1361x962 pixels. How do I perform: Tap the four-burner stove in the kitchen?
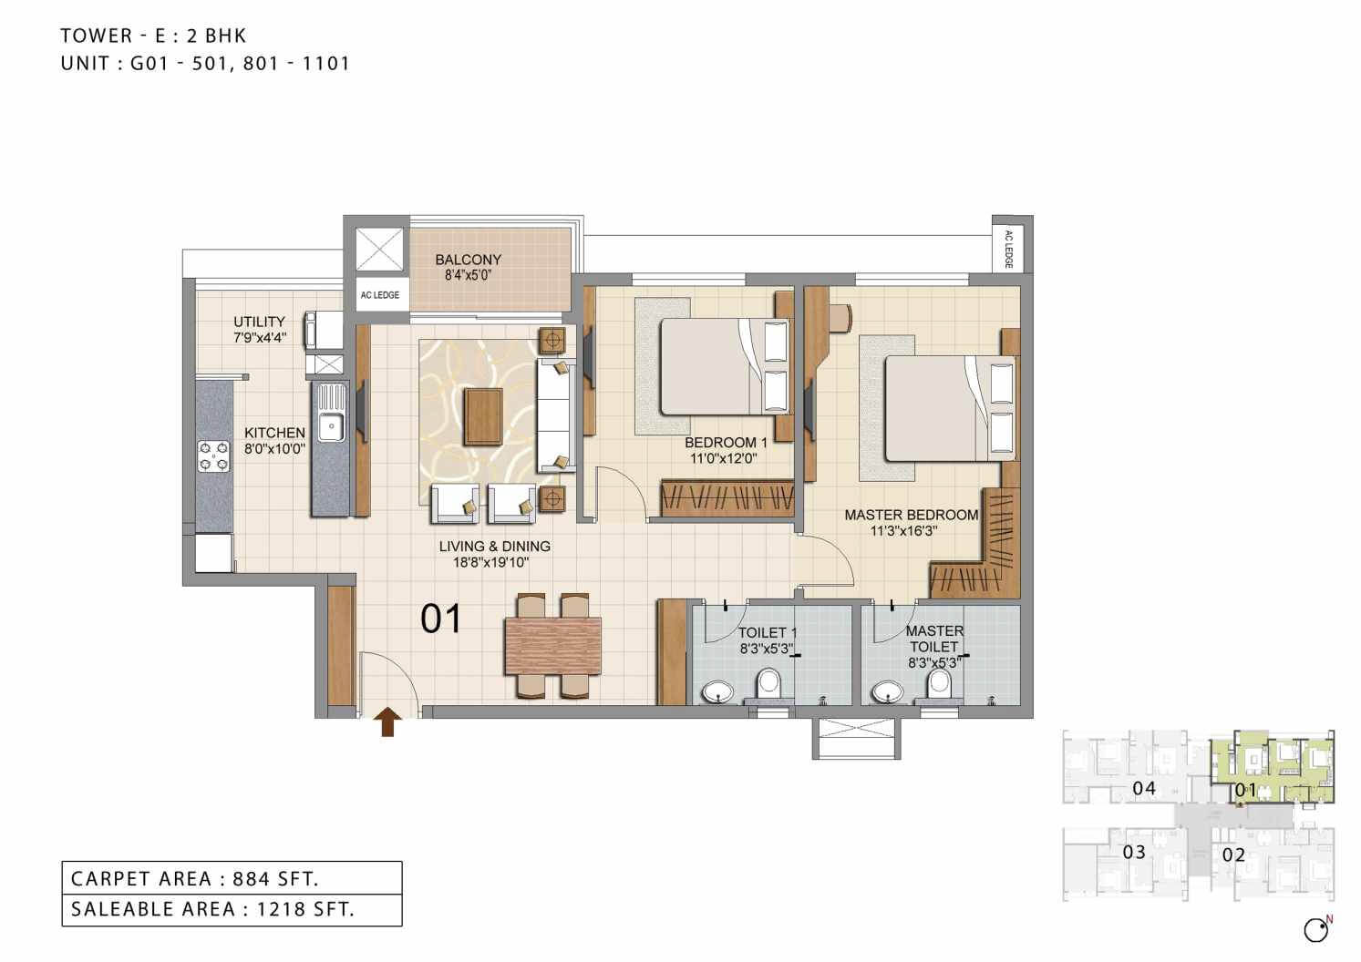214,455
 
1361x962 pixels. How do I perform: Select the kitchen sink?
329,425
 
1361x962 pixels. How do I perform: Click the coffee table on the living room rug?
483,416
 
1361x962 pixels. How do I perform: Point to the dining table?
553,646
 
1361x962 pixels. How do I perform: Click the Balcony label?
468,260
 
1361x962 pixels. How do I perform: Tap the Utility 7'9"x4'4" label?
259,329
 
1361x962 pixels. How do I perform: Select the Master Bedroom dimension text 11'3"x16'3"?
904,530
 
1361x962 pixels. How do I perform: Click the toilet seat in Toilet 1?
768,684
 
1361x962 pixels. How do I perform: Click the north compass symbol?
1316,930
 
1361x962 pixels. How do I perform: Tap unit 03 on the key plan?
1133,853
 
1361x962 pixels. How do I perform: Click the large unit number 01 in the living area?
441,619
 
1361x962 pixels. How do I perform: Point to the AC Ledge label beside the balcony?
379,295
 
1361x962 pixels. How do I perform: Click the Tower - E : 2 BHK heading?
153,36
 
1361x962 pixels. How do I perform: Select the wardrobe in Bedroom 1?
726,498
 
